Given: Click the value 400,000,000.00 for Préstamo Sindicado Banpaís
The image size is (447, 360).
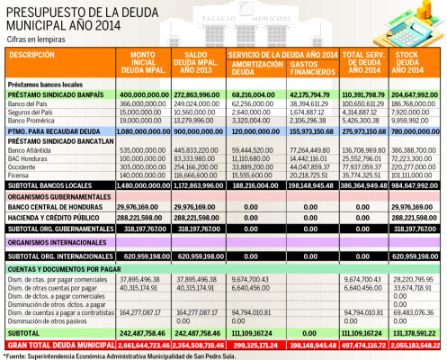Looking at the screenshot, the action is click(x=144, y=94).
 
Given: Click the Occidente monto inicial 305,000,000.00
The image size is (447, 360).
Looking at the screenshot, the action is click(x=144, y=166).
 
